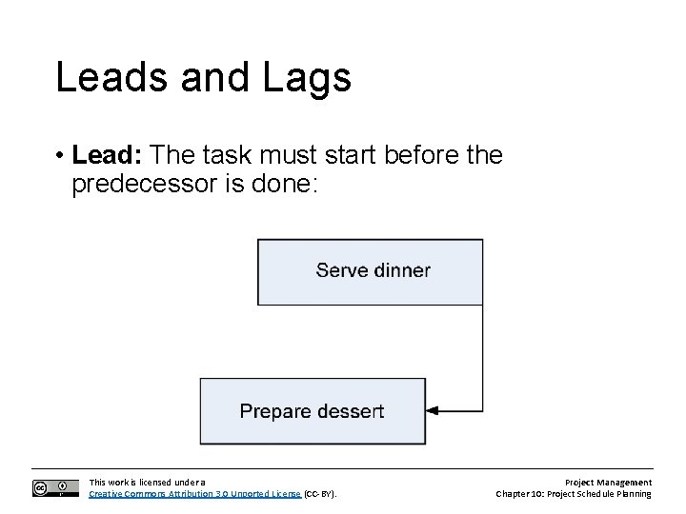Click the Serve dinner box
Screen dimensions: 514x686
pos(372,270)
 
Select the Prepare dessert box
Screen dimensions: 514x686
pos(313,411)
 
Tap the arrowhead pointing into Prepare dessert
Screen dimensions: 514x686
pos(432,411)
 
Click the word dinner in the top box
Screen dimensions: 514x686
pos(400,270)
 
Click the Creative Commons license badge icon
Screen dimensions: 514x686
pos(55,488)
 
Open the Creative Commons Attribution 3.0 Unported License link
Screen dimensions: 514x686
pos(194,494)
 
